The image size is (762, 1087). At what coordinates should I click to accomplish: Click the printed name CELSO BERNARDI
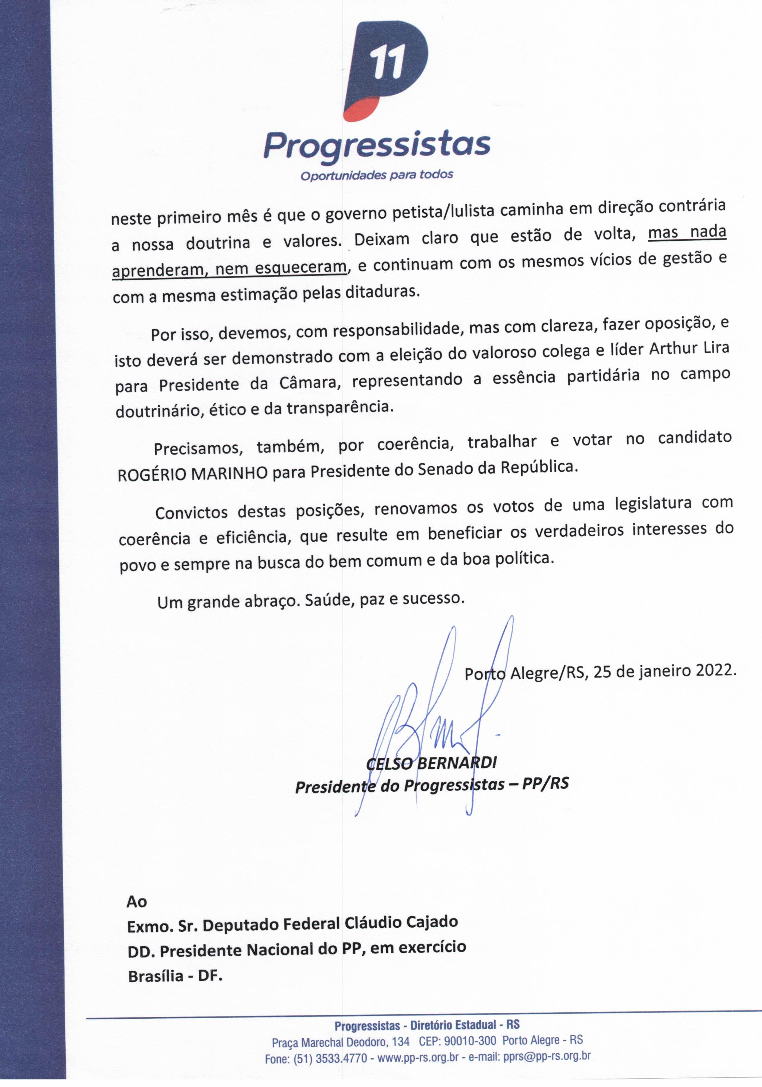pos(431,762)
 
